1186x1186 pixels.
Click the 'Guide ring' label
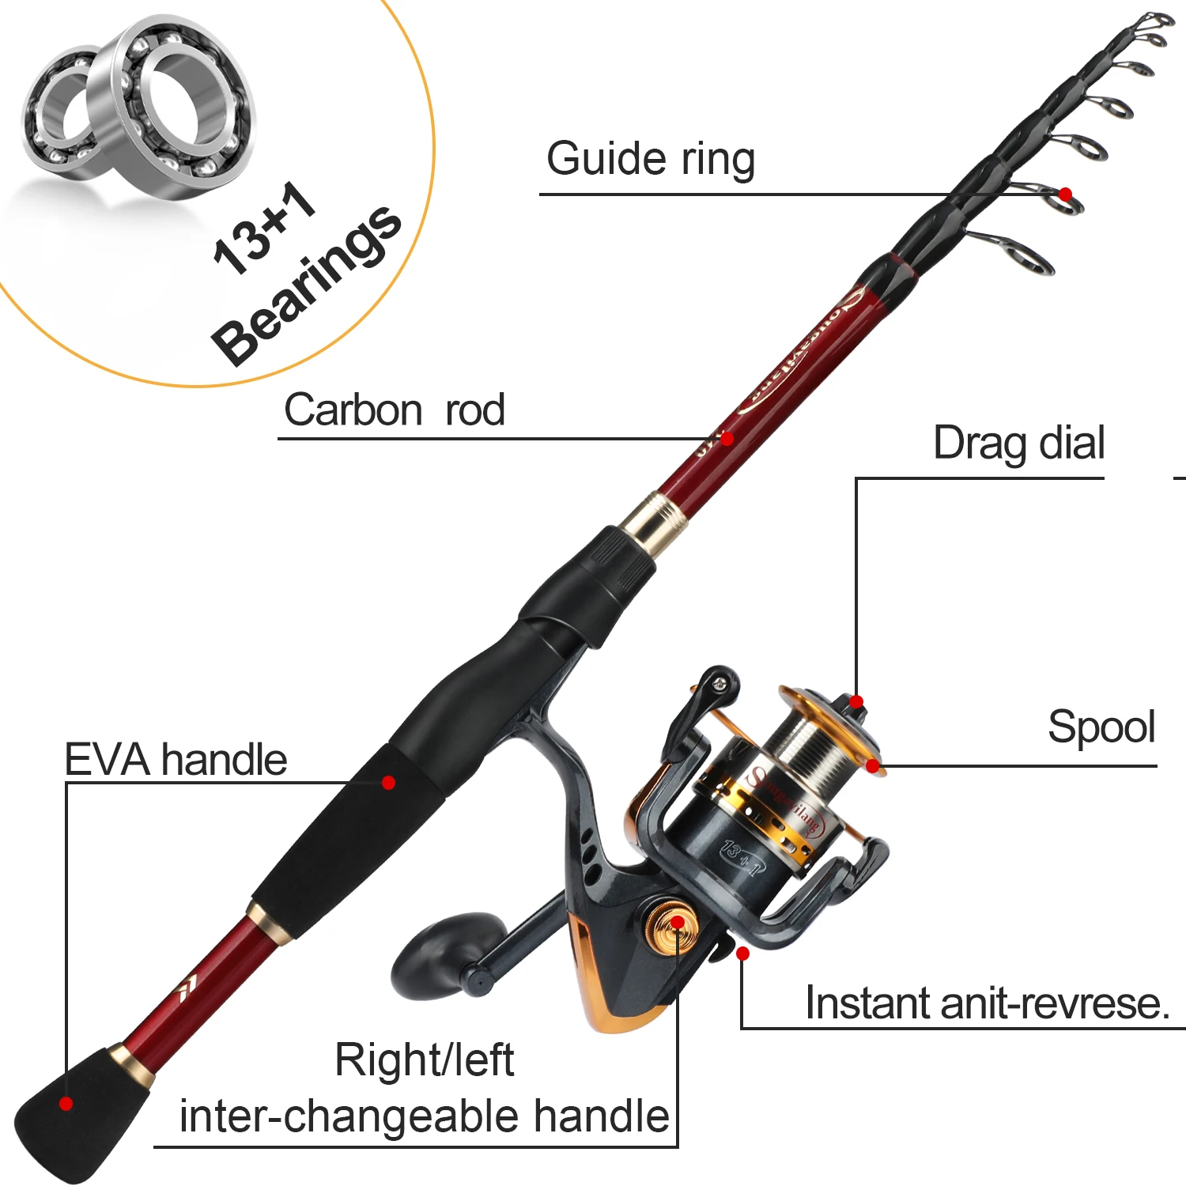click(x=650, y=159)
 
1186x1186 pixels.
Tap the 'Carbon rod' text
click(x=394, y=410)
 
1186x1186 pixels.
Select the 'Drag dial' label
click(x=1018, y=443)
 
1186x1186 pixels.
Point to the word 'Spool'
click(x=1101, y=727)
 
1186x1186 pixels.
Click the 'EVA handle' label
click(x=176, y=760)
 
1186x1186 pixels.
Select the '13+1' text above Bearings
click(x=264, y=228)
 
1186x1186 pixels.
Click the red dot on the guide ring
click(x=1065, y=194)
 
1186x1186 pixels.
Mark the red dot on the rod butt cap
click(x=66, y=1104)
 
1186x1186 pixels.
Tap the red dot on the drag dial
click(x=856, y=701)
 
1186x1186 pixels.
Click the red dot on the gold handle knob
click(x=678, y=923)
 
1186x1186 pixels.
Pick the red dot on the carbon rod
click(x=727, y=438)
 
